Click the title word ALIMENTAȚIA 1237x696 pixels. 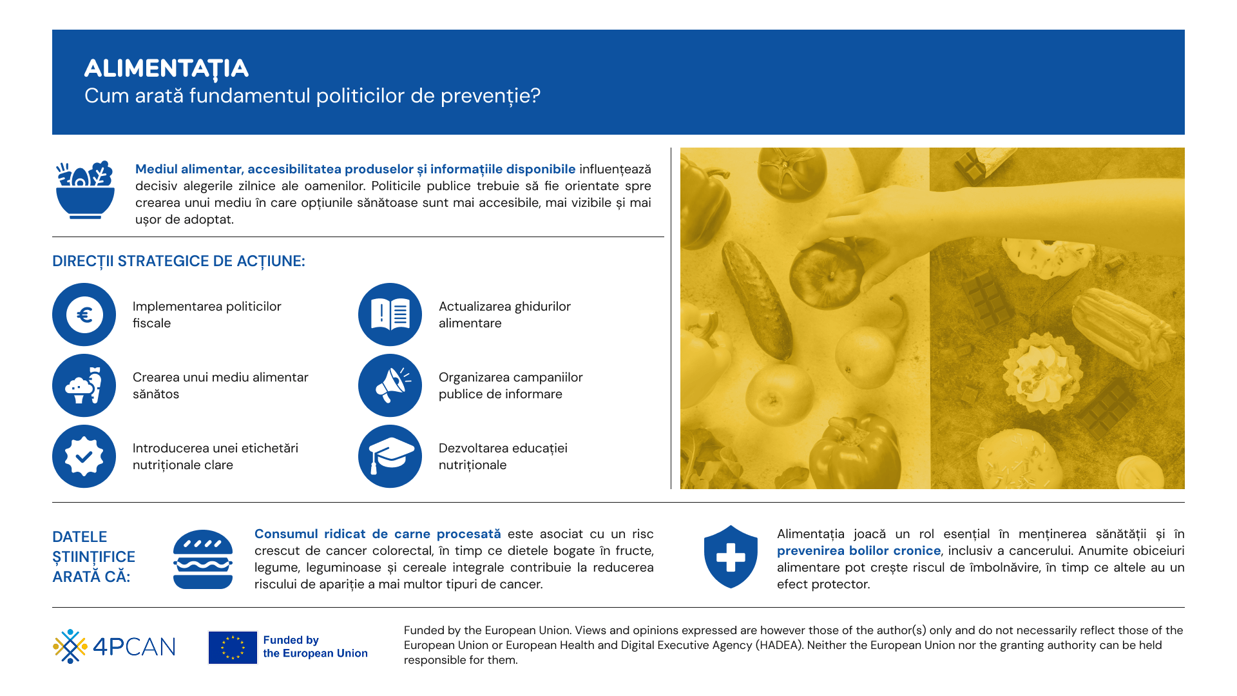(x=166, y=68)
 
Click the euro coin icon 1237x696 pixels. (x=84, y=314)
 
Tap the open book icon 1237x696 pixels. (x=390, y=314)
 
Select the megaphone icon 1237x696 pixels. (x=390, y=385)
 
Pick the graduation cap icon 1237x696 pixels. (x=390, y=456)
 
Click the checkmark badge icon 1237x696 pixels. (x=84, y=456)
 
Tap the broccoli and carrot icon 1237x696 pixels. (x=84, y=385)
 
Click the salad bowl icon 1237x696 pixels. (x=85, y=191)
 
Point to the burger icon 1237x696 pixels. (x=203, y=559)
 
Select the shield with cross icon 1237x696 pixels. (x=731, y=557)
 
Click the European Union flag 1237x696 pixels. (x=233, y=647)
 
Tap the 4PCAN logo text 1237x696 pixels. (x=134, y=646)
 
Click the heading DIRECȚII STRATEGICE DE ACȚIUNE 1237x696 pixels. (x=178, y=261)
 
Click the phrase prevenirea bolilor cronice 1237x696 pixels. (x=858, y=551)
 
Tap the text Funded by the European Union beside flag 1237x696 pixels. (x=314, y=646)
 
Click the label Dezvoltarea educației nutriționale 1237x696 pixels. (x=503, y=456)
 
